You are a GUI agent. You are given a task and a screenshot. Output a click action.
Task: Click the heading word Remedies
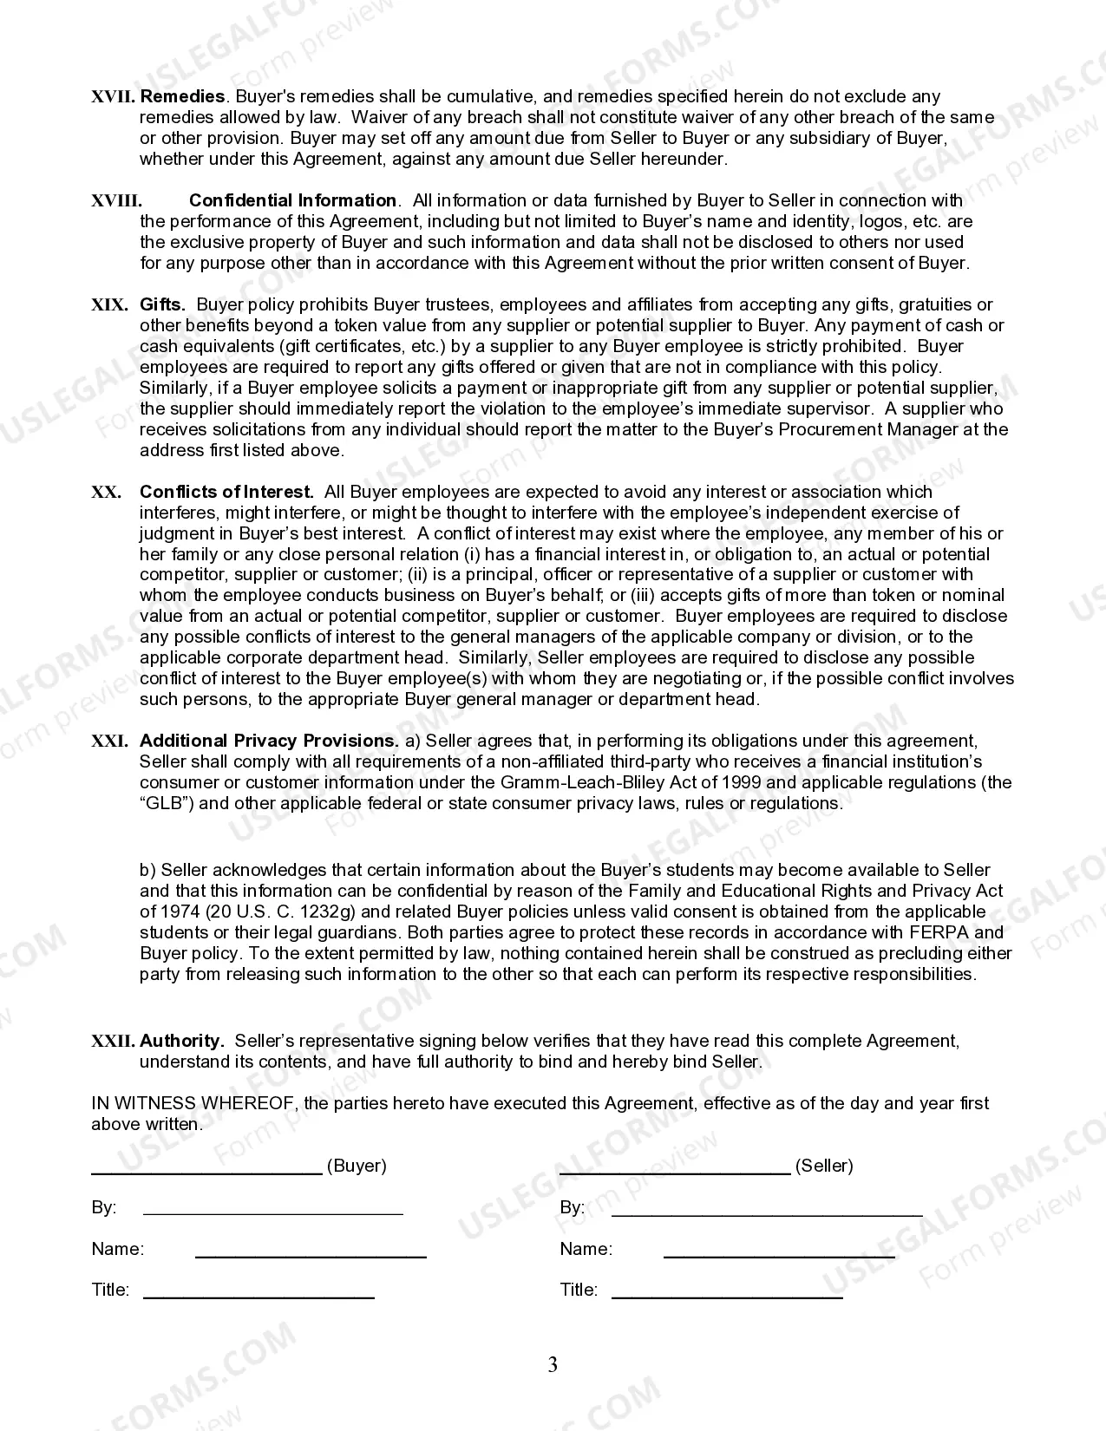[x=182, y=96]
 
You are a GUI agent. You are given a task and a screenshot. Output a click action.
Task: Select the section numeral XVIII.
[x=116, y=201]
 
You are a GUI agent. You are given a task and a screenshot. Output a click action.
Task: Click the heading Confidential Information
[x=292, y=200]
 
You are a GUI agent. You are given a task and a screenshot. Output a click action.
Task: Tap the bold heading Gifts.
[x=162, y=304]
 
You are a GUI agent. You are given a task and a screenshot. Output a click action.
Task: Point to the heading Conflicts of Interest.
[x=226, y=492]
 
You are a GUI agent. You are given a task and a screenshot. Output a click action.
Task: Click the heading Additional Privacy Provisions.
[x=268, y=741]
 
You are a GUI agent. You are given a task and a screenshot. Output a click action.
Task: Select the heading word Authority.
[x=181, y=1041]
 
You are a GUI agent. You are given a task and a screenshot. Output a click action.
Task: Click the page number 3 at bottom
[x=553, y=1365]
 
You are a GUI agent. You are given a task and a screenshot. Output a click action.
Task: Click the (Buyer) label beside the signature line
[x=357, y=1166]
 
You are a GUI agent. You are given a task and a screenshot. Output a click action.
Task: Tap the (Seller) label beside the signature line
[x=824, y=1166]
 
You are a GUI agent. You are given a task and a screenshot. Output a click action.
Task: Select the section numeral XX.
[x=106, y=493]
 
